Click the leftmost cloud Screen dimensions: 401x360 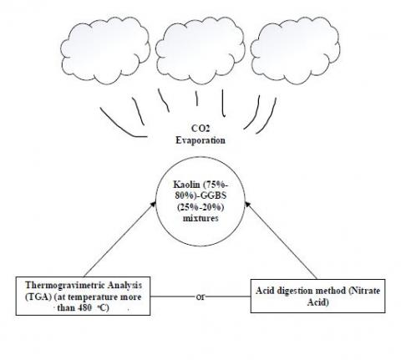(x=105, y=50)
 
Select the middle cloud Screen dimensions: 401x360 (x=200, y=50)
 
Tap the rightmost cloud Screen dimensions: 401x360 (x=295, y=50)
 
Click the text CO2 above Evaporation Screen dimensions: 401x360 (x=200, y=129)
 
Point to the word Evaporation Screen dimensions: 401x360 (x=200, y=140)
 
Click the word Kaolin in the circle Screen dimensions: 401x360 (x=186, y=185)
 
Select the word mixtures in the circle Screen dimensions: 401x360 (x=200, y=218)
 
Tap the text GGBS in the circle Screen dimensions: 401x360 (x=214, y=195)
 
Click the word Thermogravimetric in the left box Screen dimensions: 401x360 (x=65, y=286)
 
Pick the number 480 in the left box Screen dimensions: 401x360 (x=84, y=308)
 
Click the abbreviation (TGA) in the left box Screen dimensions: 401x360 (x=38, y=297)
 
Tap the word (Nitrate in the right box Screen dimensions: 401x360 (x=364, y=291)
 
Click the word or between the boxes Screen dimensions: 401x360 (x=200, y=297)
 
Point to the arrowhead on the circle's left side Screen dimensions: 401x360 (x=153, y=204)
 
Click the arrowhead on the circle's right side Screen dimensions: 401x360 (x=247, y=205)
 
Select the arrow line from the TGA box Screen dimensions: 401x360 (x=119, y=239)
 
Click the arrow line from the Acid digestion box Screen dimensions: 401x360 (x=281, y=241)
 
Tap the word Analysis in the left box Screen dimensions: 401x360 (x=124, y=286)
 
